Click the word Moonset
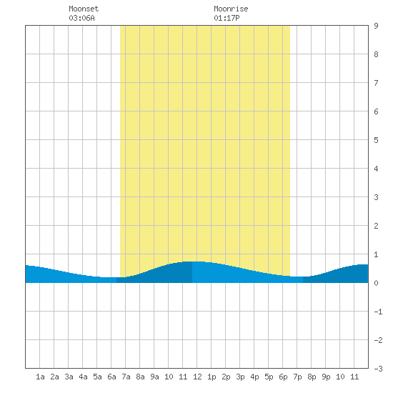(x=84, y=9)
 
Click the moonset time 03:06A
(x=81, y=18)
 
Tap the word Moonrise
(x=231, y=9)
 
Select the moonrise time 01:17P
(x=227, y=18)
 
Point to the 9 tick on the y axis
(x=376, y=26)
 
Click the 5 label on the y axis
(x=376, y=140)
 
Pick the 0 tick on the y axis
(x=376, y=283)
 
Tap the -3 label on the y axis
(x=378, y=369)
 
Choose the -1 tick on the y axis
(x=378, y=312)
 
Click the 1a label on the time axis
(x=40, y=377)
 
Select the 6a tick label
(x=111, y=377)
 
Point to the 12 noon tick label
(x=197, y=377)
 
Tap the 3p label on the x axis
(x=240, y=377)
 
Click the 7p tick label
(x=297, y=377)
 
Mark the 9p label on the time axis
(x=326, y=377)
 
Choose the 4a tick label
(x=83, y=377)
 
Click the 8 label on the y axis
(x=376, y=54)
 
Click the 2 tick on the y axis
(x=376, y=226)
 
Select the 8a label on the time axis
(x=140, y=377)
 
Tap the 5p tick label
(x=269, y=377)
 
